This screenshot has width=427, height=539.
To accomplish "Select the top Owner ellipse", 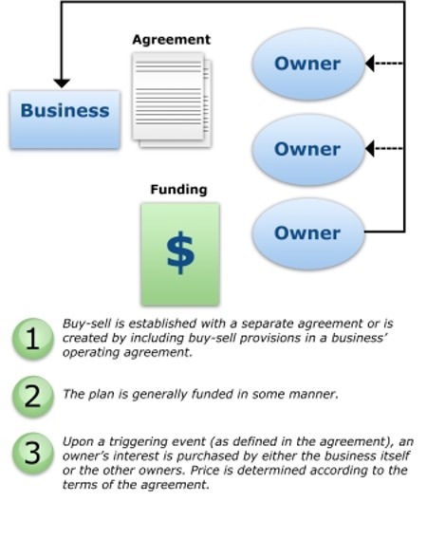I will [307, 65].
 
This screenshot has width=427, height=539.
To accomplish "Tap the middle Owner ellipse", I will [307, 149].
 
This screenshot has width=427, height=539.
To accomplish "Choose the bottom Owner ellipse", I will [307, 232].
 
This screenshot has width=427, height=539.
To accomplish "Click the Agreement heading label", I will [171, 40].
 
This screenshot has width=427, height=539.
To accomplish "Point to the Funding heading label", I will [178, 189].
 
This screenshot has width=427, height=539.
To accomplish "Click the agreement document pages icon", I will [172, 99].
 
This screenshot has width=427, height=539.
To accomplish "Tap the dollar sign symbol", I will [179, 252].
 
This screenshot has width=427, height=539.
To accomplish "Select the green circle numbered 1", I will [33, 340].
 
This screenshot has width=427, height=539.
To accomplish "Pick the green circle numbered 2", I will [33, 394].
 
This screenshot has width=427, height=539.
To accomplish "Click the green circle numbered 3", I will [33, 454].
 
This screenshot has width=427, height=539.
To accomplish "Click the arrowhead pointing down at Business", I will [62, 83].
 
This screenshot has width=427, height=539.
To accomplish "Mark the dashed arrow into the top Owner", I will [383, 65].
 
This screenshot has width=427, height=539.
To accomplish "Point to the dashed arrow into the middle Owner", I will [383, 149].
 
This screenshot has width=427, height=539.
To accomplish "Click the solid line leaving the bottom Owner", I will [384, 232].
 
